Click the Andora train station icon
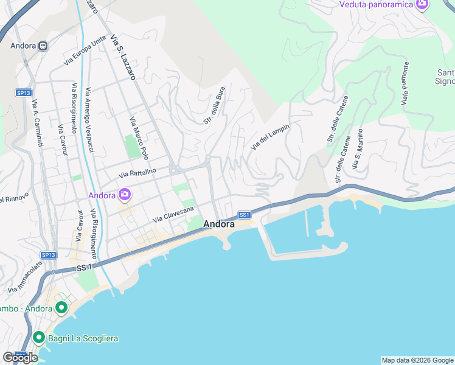[43, 46]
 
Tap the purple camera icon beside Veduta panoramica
[422, 4]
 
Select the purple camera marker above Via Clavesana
[125, 195]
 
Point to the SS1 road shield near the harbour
[245, 215]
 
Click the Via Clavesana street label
[173, 214]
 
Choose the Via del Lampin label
[269, 137]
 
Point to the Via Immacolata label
[25, 277]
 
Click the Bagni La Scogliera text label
[83, 338]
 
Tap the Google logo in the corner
[20, 358]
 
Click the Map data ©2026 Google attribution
[417, 360]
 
